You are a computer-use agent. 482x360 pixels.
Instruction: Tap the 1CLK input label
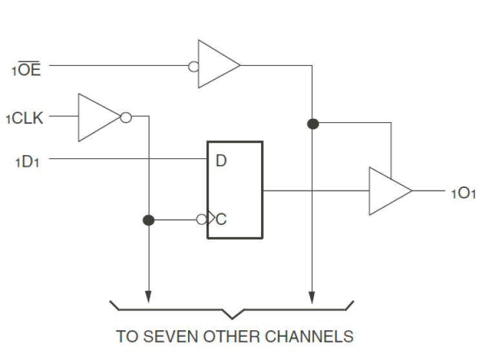[25, 118]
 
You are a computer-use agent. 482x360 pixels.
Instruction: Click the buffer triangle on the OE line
[218, 65]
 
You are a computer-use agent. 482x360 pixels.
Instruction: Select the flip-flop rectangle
[235, 189]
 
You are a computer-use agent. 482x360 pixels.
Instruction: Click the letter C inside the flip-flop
[222, 220]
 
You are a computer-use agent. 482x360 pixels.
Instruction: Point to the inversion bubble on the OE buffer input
[193, 65]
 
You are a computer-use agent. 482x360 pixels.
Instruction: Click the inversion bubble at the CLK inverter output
[126, 118]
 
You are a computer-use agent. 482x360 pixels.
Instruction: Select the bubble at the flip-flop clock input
[201, 220]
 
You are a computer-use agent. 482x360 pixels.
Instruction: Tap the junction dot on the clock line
[149, 220]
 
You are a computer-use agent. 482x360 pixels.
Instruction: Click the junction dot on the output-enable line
[313, 123]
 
